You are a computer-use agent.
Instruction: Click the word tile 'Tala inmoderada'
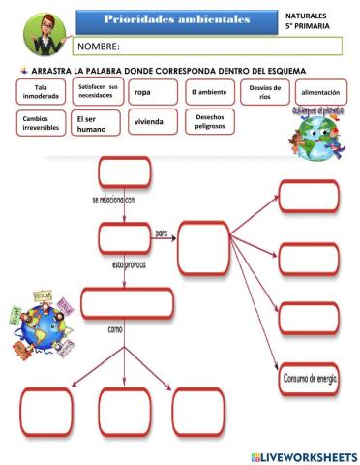coord(41,92)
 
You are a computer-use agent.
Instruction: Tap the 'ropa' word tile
coord(153,92)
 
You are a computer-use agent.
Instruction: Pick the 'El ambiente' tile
coord(208,92)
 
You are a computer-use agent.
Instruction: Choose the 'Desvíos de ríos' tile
coord(265,92)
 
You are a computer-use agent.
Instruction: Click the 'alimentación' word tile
coord(321,93)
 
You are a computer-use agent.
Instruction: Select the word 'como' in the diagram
coord(115,330)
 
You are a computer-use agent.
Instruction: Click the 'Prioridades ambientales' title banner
coord(176,19)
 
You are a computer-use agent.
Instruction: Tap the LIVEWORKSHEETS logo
coord(303,455)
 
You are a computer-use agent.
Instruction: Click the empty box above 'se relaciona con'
coord(125,174)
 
